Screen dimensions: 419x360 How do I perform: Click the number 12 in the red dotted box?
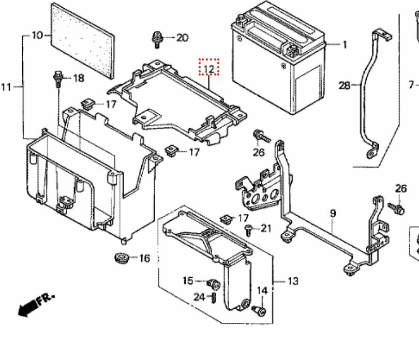pos(208,69)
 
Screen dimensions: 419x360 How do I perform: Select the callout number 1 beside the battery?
pos(345,44)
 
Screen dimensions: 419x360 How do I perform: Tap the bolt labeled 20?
pos(157,40)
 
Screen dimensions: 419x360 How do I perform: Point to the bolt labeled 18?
pos(58,79)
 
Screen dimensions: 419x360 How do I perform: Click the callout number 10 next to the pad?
pos(37,35)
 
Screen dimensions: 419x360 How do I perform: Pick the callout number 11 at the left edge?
pos(6,87)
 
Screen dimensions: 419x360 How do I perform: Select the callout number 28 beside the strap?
pos(344,85)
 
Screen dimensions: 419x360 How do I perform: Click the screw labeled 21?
pos(248,230)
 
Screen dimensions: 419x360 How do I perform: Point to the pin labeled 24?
pos(214,297)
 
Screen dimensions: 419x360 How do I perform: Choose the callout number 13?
pos(293,281)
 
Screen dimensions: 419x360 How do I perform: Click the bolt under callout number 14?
pos(260,311)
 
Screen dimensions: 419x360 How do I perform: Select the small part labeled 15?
pos(214,284)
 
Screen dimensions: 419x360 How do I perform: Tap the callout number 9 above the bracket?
pos(333,214)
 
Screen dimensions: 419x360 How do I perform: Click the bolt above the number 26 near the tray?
pos(261,136)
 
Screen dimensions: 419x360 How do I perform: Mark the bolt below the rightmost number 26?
pos(396,208)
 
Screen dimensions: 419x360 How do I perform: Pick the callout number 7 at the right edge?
pos(411,85)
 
